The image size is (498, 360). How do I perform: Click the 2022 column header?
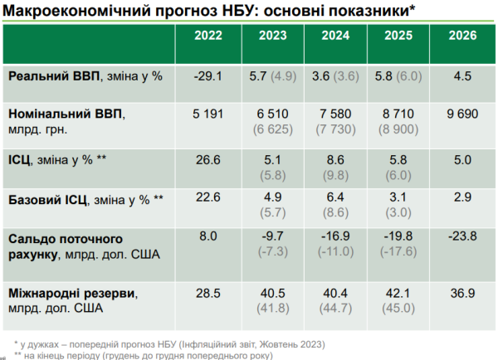coord(208,35)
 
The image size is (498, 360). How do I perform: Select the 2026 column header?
coord(462,35)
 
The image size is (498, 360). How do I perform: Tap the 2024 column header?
coord(335,35)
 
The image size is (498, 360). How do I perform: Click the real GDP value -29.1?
coord(208,76)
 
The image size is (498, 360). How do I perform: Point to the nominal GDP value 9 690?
coord(462,114)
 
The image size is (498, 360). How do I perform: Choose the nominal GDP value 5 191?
coord(208,114)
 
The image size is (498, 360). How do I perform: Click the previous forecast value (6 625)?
coord(273,129)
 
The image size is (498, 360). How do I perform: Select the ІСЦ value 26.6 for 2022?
coord(208,160)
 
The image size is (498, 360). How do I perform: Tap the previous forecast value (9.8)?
coord(335,175)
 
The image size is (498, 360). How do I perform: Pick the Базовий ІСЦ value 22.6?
coord(208,197)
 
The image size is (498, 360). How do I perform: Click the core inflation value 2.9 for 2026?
coord(462,197)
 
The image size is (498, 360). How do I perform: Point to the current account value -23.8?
coord(462,236)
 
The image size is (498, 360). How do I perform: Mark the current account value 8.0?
coord(208,236)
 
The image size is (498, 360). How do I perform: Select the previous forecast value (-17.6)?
coord(398,251)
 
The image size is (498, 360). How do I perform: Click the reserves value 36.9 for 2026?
coord(462,293)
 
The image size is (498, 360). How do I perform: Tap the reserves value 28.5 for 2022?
coord(208,293)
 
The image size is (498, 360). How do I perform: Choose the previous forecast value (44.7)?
coord(335,309)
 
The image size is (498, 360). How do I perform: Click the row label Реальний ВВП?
coord(54,76)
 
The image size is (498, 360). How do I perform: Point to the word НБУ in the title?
coord(236,11)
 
